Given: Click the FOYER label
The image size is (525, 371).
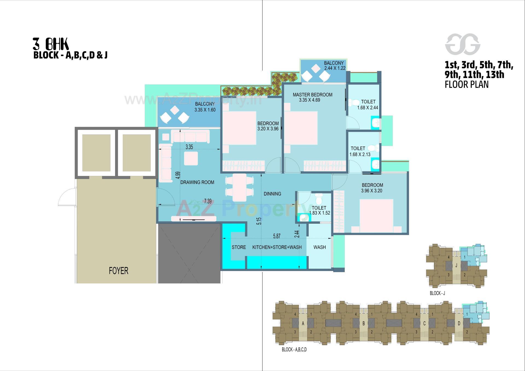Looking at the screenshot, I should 118,271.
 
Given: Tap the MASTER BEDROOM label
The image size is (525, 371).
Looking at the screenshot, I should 313,95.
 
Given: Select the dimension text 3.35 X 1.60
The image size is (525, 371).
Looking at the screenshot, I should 205,110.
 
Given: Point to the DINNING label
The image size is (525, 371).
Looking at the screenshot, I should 272,194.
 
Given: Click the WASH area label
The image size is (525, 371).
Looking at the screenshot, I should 319,247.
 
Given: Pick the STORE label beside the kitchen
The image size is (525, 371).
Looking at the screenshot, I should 239,247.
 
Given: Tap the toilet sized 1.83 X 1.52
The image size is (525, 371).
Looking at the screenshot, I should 319,210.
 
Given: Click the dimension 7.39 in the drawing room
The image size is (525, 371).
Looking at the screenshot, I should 208,201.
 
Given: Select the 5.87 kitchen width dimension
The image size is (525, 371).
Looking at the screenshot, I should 276,236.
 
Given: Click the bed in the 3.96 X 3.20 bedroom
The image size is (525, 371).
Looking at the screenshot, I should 376,216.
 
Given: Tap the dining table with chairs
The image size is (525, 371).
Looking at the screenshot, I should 240,188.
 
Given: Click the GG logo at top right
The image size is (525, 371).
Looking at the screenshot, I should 462,44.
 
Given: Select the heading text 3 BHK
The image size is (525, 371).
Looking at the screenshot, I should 51,43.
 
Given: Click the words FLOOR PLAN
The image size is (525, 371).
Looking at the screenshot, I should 466,84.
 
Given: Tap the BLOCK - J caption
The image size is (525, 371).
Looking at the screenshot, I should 437,293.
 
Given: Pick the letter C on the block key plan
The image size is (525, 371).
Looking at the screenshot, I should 424,323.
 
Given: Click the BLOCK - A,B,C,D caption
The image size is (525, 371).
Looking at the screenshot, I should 294,350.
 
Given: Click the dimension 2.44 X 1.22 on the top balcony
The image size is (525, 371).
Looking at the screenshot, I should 335,68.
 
